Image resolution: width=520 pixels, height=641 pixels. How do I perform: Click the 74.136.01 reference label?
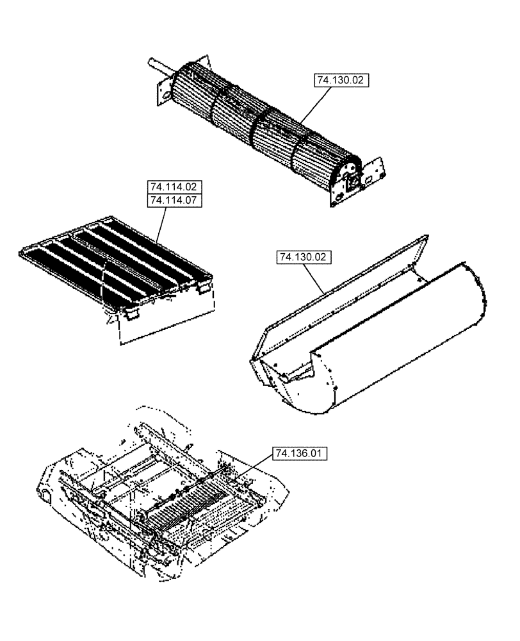(x=300, y=454)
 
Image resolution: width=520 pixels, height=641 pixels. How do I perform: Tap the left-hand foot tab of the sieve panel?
(x=133, y=314)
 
